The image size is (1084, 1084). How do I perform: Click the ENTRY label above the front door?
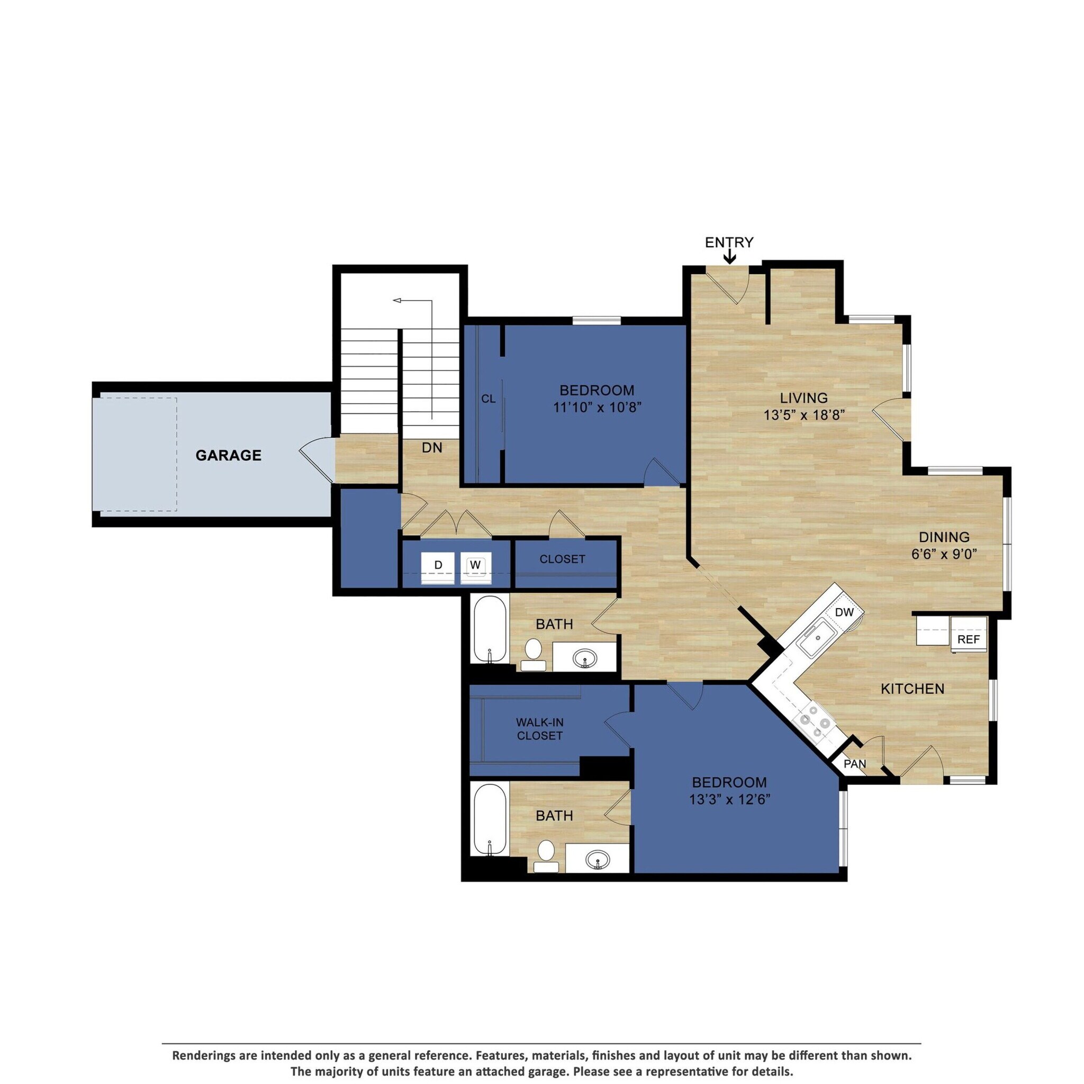pos(729,242)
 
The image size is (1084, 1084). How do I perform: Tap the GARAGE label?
pos(228,455)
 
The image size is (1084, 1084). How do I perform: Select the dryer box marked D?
pos(438,565)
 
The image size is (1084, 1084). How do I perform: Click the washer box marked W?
pos(475,565)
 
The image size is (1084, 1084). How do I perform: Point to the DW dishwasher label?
pos(844,612)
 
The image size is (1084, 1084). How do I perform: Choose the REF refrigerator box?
pos(969,639)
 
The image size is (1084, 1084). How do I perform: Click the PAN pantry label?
pos(854,764)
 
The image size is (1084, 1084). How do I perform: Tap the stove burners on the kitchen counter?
pos(813,721)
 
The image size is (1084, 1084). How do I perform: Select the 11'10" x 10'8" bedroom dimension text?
pos(597,408)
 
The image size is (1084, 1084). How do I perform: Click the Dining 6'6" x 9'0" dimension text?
pos(944,554)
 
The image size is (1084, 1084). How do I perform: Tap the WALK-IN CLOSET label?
pos(540,729)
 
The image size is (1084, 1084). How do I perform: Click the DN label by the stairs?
pos(432,448)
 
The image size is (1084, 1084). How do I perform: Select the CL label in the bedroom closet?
pos(488,399)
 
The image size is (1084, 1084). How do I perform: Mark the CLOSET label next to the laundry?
pos(562,559)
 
